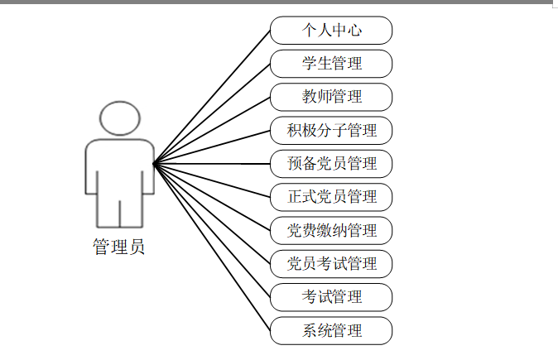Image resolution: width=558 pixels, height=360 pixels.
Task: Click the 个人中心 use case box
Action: [331, 31]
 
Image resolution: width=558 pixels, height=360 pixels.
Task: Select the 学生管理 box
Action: [331, 64]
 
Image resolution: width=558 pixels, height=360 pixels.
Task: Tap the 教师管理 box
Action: [331, 97]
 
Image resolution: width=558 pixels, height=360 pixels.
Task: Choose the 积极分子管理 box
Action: [331, 130]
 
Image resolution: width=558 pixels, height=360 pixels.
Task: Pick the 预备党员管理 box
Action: [331, 163]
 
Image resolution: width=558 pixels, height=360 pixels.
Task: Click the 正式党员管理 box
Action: [331, 196]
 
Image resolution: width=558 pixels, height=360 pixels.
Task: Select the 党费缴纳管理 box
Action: [331, 230]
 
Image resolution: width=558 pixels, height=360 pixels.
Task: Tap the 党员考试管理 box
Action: [331, 263]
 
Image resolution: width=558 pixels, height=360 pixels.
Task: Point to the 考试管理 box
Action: [331, 296]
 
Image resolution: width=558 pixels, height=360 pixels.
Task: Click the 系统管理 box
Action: [331, 330]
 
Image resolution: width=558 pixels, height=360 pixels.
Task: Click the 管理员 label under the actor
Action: [119, 247]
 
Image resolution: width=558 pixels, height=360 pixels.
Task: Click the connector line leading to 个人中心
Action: [213, 96]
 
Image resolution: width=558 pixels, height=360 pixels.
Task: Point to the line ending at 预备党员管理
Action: [213, 163]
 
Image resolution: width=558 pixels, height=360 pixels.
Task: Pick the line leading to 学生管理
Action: [213, 113]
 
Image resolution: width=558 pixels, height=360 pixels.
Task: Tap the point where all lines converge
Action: [155, 162]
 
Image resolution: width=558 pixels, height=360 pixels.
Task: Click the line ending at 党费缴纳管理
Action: [213, 196]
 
